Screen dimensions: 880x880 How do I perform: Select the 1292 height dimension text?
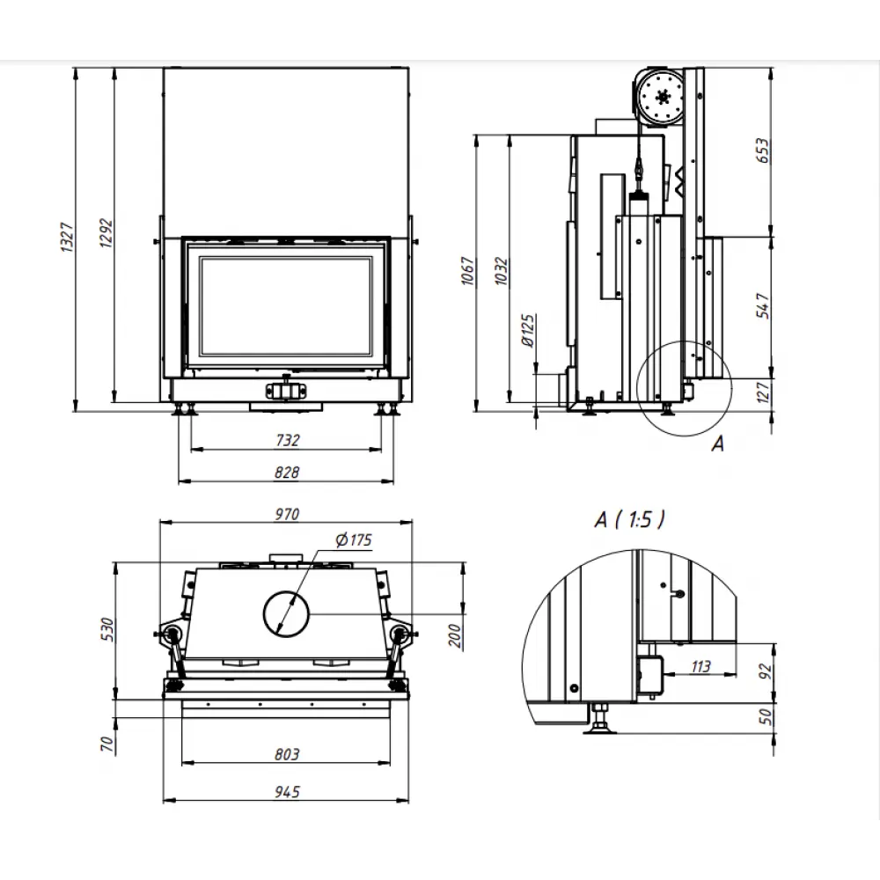click(106, 233)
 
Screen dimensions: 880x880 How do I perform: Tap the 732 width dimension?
click(287, 440)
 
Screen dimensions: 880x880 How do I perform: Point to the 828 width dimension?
click(287, 473)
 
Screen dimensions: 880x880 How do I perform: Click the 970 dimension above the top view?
click(287, 514)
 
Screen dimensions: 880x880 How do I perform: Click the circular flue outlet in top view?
click(285, 612)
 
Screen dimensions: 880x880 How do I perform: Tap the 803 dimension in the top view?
click(287, 753)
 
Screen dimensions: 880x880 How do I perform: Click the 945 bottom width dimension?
click(287, 792)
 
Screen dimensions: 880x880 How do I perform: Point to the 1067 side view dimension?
click(467, 273)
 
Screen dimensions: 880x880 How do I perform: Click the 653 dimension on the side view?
click(762, 152)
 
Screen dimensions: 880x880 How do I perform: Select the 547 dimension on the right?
click(762, 306)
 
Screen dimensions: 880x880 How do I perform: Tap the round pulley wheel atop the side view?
click(662, 97)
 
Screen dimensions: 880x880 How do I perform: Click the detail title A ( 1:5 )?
click(630, 520)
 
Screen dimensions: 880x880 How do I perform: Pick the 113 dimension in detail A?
click(700, 666)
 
